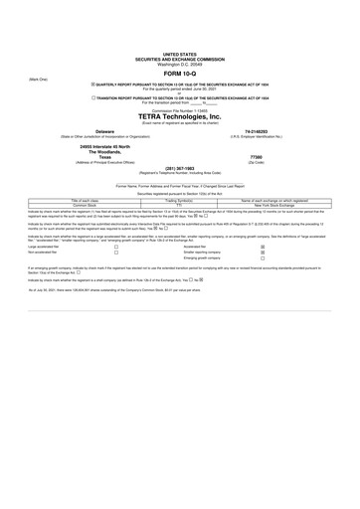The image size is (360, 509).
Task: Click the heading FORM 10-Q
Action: pyautogui.click(x=179, y=74)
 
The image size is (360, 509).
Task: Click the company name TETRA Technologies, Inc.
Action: pyautogui.click(x=179, y=115)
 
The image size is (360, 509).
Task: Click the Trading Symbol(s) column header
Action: pyautogui.click(x=181, y=200)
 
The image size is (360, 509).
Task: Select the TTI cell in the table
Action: pyautogui.click(x=181, y=206)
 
